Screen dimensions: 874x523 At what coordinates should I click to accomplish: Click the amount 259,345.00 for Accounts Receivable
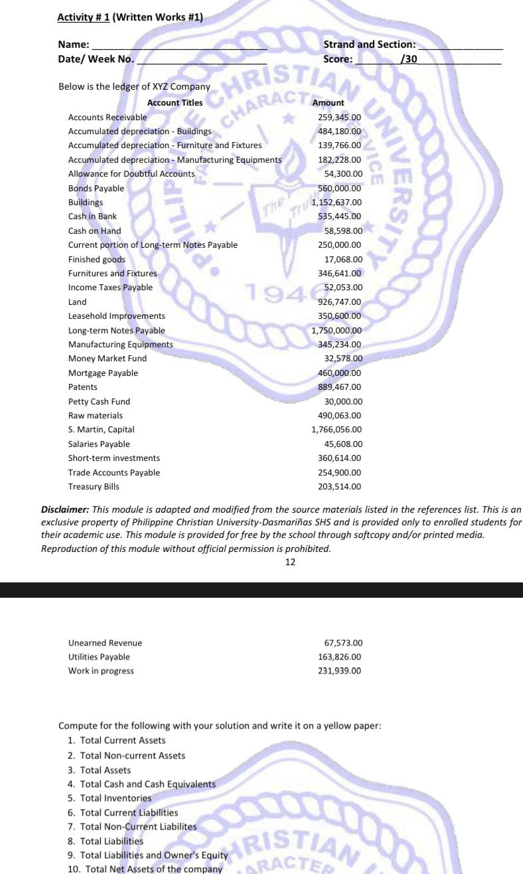click(x=340, y=117)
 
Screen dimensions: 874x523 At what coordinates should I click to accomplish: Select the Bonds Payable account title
click(x=96, y=188)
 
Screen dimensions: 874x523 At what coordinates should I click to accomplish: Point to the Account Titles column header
click(x=175, y=103)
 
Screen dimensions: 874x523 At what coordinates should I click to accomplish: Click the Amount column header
click(x=328, y=103)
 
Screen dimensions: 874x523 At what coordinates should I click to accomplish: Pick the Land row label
click(x=77, y=302)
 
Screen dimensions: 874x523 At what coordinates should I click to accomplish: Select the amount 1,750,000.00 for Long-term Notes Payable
click(x=336, y=330)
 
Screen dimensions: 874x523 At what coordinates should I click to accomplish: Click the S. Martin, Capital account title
click(x=101, y=430)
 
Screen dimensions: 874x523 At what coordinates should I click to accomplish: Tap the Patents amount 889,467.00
click(x=340, y=387)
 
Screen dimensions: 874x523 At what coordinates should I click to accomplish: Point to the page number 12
click(x=290, y=562)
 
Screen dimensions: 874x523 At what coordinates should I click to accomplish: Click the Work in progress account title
click(x=101, y=671)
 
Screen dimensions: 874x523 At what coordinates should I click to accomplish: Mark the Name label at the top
click(x=74, y=44)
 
